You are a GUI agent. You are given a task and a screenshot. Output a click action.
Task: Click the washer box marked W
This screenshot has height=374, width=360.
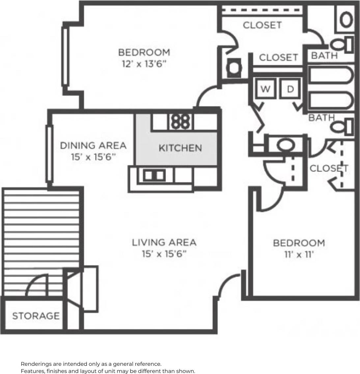(265, 89)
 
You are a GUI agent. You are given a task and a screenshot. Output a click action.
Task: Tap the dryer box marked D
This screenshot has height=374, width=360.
(290, 89)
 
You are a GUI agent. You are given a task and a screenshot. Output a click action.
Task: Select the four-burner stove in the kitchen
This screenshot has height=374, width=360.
(180, 121)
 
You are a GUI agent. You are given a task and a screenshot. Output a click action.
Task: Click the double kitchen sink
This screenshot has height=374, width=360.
(154, 175)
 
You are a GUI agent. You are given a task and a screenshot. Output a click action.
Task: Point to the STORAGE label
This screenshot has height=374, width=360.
(36, 316)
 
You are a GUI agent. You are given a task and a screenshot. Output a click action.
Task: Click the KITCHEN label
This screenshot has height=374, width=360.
(180, 148)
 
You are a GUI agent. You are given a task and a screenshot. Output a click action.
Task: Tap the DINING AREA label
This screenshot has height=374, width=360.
(93, 145)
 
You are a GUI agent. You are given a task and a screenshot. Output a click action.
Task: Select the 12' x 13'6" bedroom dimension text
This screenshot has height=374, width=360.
(144, 64)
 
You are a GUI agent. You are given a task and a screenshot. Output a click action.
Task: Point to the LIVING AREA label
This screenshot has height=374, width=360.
(164, 243)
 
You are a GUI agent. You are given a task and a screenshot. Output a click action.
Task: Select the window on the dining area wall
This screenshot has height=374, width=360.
(49, 153)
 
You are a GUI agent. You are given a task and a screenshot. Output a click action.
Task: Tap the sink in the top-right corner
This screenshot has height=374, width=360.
(346, 20)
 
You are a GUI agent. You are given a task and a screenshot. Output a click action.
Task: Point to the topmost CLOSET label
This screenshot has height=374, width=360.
(262, 25)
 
